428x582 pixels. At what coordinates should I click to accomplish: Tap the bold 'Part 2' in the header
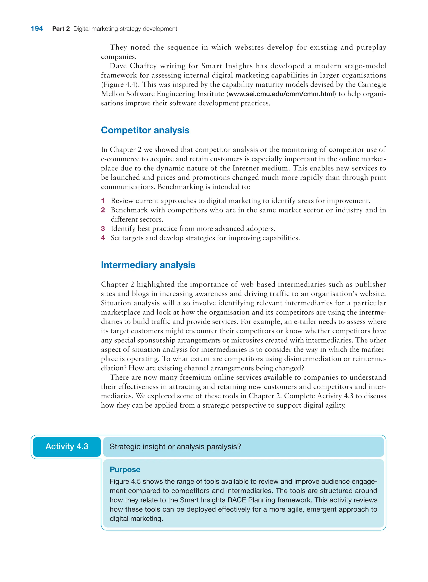pyautogui.click(x=61, y=29)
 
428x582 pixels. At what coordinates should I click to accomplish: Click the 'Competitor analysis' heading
pyautogui.click(x=145, y=130)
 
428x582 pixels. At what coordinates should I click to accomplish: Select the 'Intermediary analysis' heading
pyautogui.click(x=148, y=265)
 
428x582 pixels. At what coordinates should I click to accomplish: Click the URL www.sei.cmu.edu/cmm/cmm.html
pyautogui.click(x=281, y=94)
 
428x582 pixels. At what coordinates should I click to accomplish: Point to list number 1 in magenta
pyautogui.click(x=103, y=201)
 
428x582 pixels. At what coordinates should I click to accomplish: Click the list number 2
pyautogui.click(x=103, y=210)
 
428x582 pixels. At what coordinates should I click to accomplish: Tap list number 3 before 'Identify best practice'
pyautogui.click(x=103, y=229)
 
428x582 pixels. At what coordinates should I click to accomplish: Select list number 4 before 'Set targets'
pyautogui.click(x=103, y=238)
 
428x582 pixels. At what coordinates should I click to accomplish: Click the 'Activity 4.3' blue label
pyautogui.click(x=67, y=446)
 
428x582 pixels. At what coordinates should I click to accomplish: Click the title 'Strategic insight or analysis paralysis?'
pyautogui.click(x=175, y=447)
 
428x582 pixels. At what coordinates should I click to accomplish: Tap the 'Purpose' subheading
pyautogui.click(x=125, y=469)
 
